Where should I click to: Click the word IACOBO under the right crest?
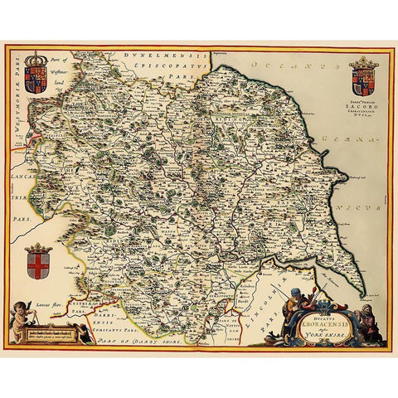pos(364,108)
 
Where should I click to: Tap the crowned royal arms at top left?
pos(36,73)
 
